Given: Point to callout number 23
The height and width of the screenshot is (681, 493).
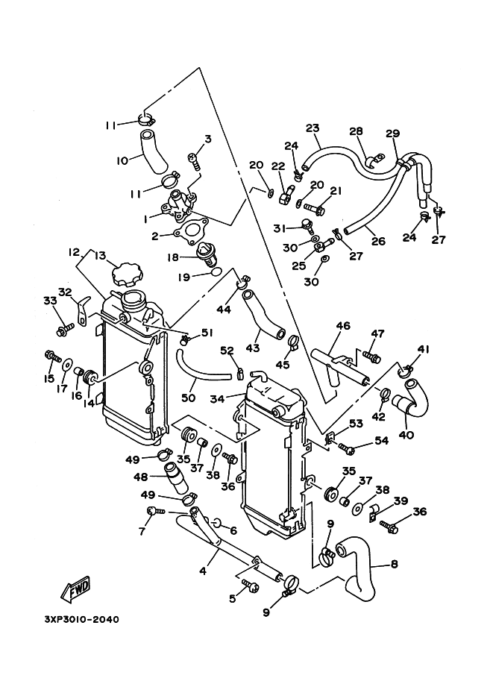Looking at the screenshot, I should pos(313,128).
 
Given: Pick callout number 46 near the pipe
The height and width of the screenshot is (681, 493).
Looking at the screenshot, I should pos(342,326).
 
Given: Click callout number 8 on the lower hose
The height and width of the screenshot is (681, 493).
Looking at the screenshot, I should pos(395,565).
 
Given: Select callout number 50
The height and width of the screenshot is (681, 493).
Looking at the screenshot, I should pos(188,398).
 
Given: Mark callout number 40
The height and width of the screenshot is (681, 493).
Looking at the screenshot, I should pos(406,435).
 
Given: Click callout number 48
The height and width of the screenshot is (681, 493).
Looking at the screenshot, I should pos(140,475).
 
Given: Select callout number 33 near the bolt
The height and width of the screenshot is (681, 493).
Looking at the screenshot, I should pos(49,301).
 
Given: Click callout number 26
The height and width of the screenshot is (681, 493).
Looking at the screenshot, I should pos(377,241).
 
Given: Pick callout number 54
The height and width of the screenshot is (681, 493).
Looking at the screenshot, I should pos(382,441).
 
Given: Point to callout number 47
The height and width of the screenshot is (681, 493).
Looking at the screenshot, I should pos(377,333).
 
